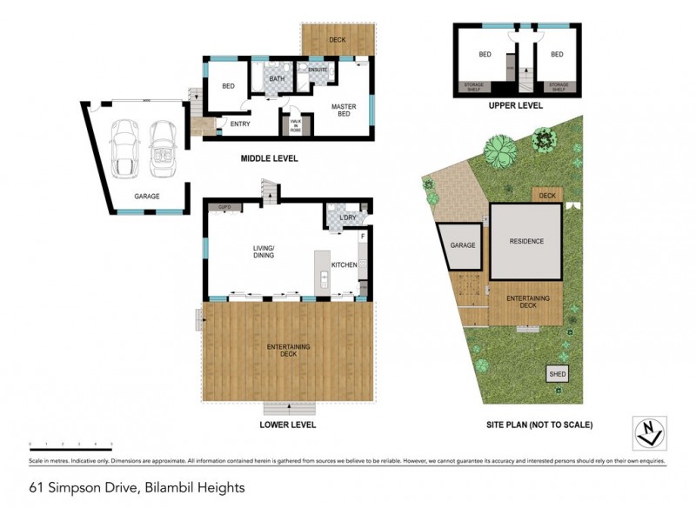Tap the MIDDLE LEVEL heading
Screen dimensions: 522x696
pyautogui.click(x=269, y=159)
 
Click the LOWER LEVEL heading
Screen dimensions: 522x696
pyautogui.click(x=287, y=425)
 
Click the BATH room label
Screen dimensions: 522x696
pyautogui.click(x=277, y=79)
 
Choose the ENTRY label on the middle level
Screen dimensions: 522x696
pyautogui.click(x=239, y=124)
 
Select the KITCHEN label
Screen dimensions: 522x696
pyautogui.click(x=344, y=264)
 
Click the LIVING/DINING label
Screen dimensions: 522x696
pyautogui.click(x=264, y=251)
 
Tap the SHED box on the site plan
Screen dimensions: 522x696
pyautogui.click(x=557, y=374)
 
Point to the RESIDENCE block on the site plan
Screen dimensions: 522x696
pyautogui.click(x=526, y=241)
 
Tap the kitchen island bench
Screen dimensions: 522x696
pyautogui.click(x=324, y=271)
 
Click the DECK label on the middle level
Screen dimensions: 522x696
pyautogui.click(x=337, y=40)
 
